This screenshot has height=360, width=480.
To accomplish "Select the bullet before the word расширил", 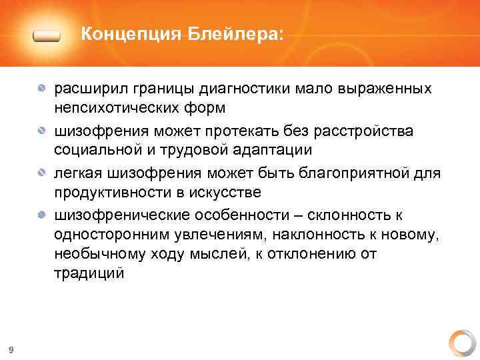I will pos(42,89).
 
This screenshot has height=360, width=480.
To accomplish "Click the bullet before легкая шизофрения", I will pos(42,173).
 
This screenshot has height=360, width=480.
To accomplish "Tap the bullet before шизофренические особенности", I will pos(42,215).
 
